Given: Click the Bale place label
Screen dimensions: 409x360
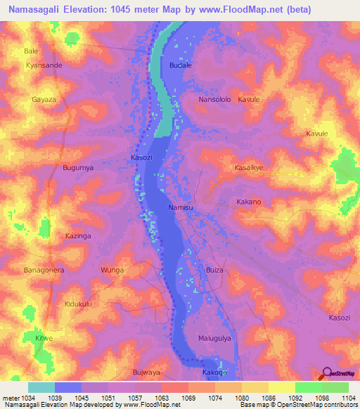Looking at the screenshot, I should (x=31, y=51).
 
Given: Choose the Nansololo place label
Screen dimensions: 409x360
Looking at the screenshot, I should (x=215, y=100).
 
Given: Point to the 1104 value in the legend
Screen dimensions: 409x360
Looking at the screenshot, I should (x=348, y=398).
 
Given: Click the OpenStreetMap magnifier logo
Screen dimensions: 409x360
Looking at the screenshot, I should (x=327, y=374).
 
